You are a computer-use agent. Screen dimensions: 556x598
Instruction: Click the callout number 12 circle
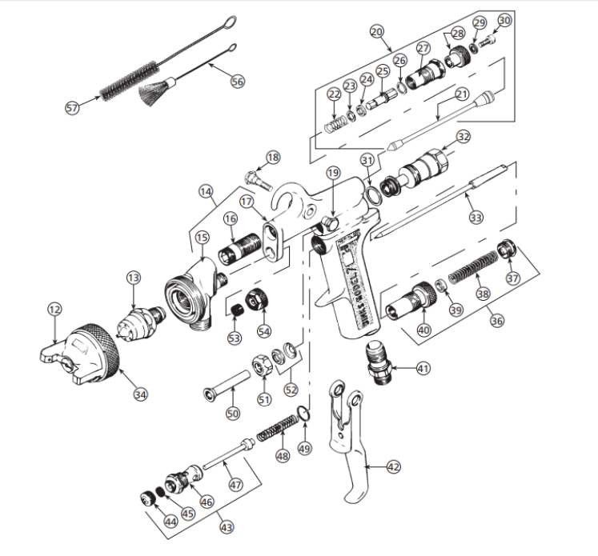coord(54,308)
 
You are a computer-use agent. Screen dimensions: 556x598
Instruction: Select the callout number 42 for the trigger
coord(392,466)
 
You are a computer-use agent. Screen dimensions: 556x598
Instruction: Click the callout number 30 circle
coord(504,20)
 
